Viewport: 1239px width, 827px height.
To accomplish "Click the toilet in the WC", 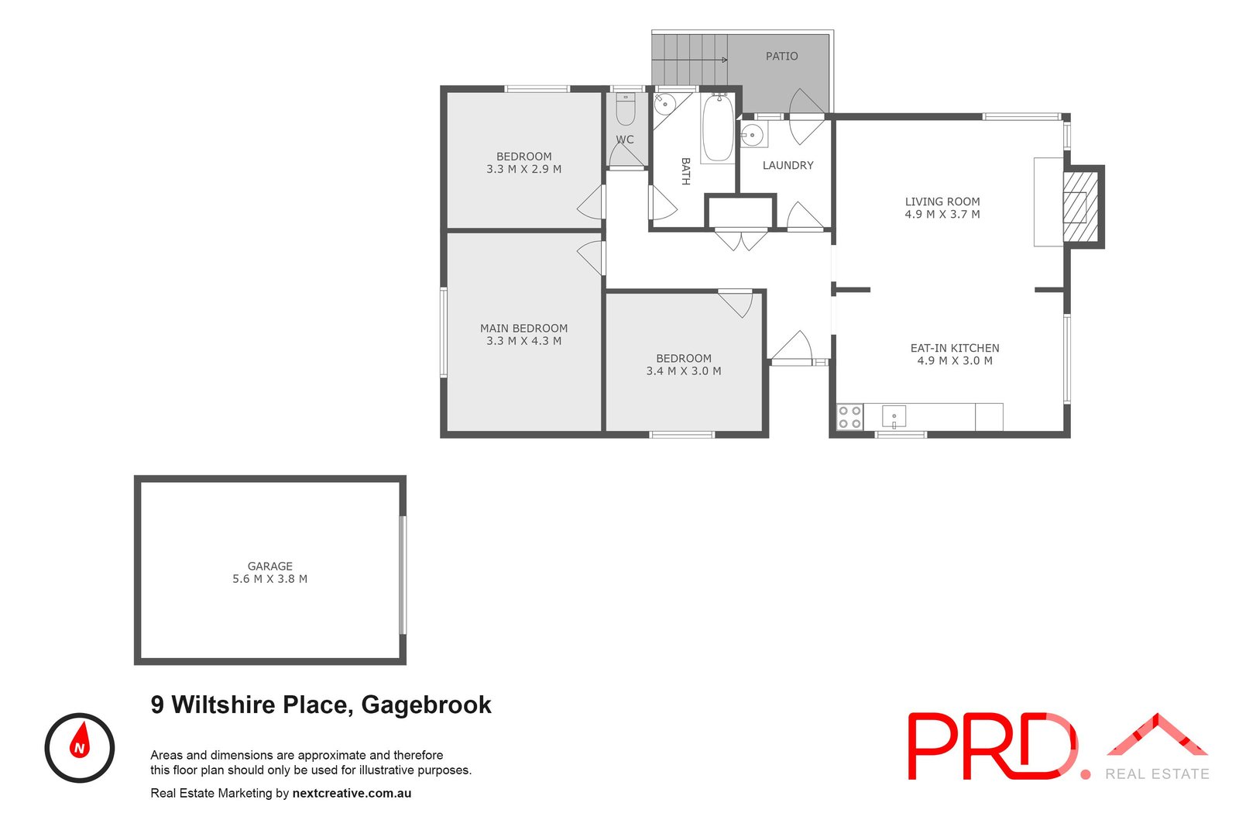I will click(625, 111).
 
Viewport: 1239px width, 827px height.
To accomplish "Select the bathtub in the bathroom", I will click(718, 128).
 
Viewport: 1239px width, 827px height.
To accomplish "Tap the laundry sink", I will click(752, 136).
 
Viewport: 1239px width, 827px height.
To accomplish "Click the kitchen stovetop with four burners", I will click(849, 417).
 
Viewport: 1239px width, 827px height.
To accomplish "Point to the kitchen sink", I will click(894, 417).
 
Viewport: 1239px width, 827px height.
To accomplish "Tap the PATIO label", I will click(781, 57).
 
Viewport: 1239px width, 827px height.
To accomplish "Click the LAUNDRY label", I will click(788, 165).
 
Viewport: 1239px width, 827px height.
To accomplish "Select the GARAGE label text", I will click(270, 567).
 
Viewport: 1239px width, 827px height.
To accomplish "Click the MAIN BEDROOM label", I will click(523, 329).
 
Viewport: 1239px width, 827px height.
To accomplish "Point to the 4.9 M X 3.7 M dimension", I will click(942, 215).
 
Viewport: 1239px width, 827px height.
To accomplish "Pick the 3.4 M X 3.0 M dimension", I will click(684, 371).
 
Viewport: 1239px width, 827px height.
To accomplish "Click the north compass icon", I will click(80, 748).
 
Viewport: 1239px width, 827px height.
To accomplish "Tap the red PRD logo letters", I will click(991, 746).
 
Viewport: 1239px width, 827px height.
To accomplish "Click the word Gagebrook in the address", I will click(426, 705).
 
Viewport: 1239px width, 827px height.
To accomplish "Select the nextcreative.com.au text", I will click(352, 794).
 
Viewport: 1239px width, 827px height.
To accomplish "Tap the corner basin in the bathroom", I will click(664, 103).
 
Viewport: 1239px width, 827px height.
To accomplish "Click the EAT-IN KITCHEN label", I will click(954, 349).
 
